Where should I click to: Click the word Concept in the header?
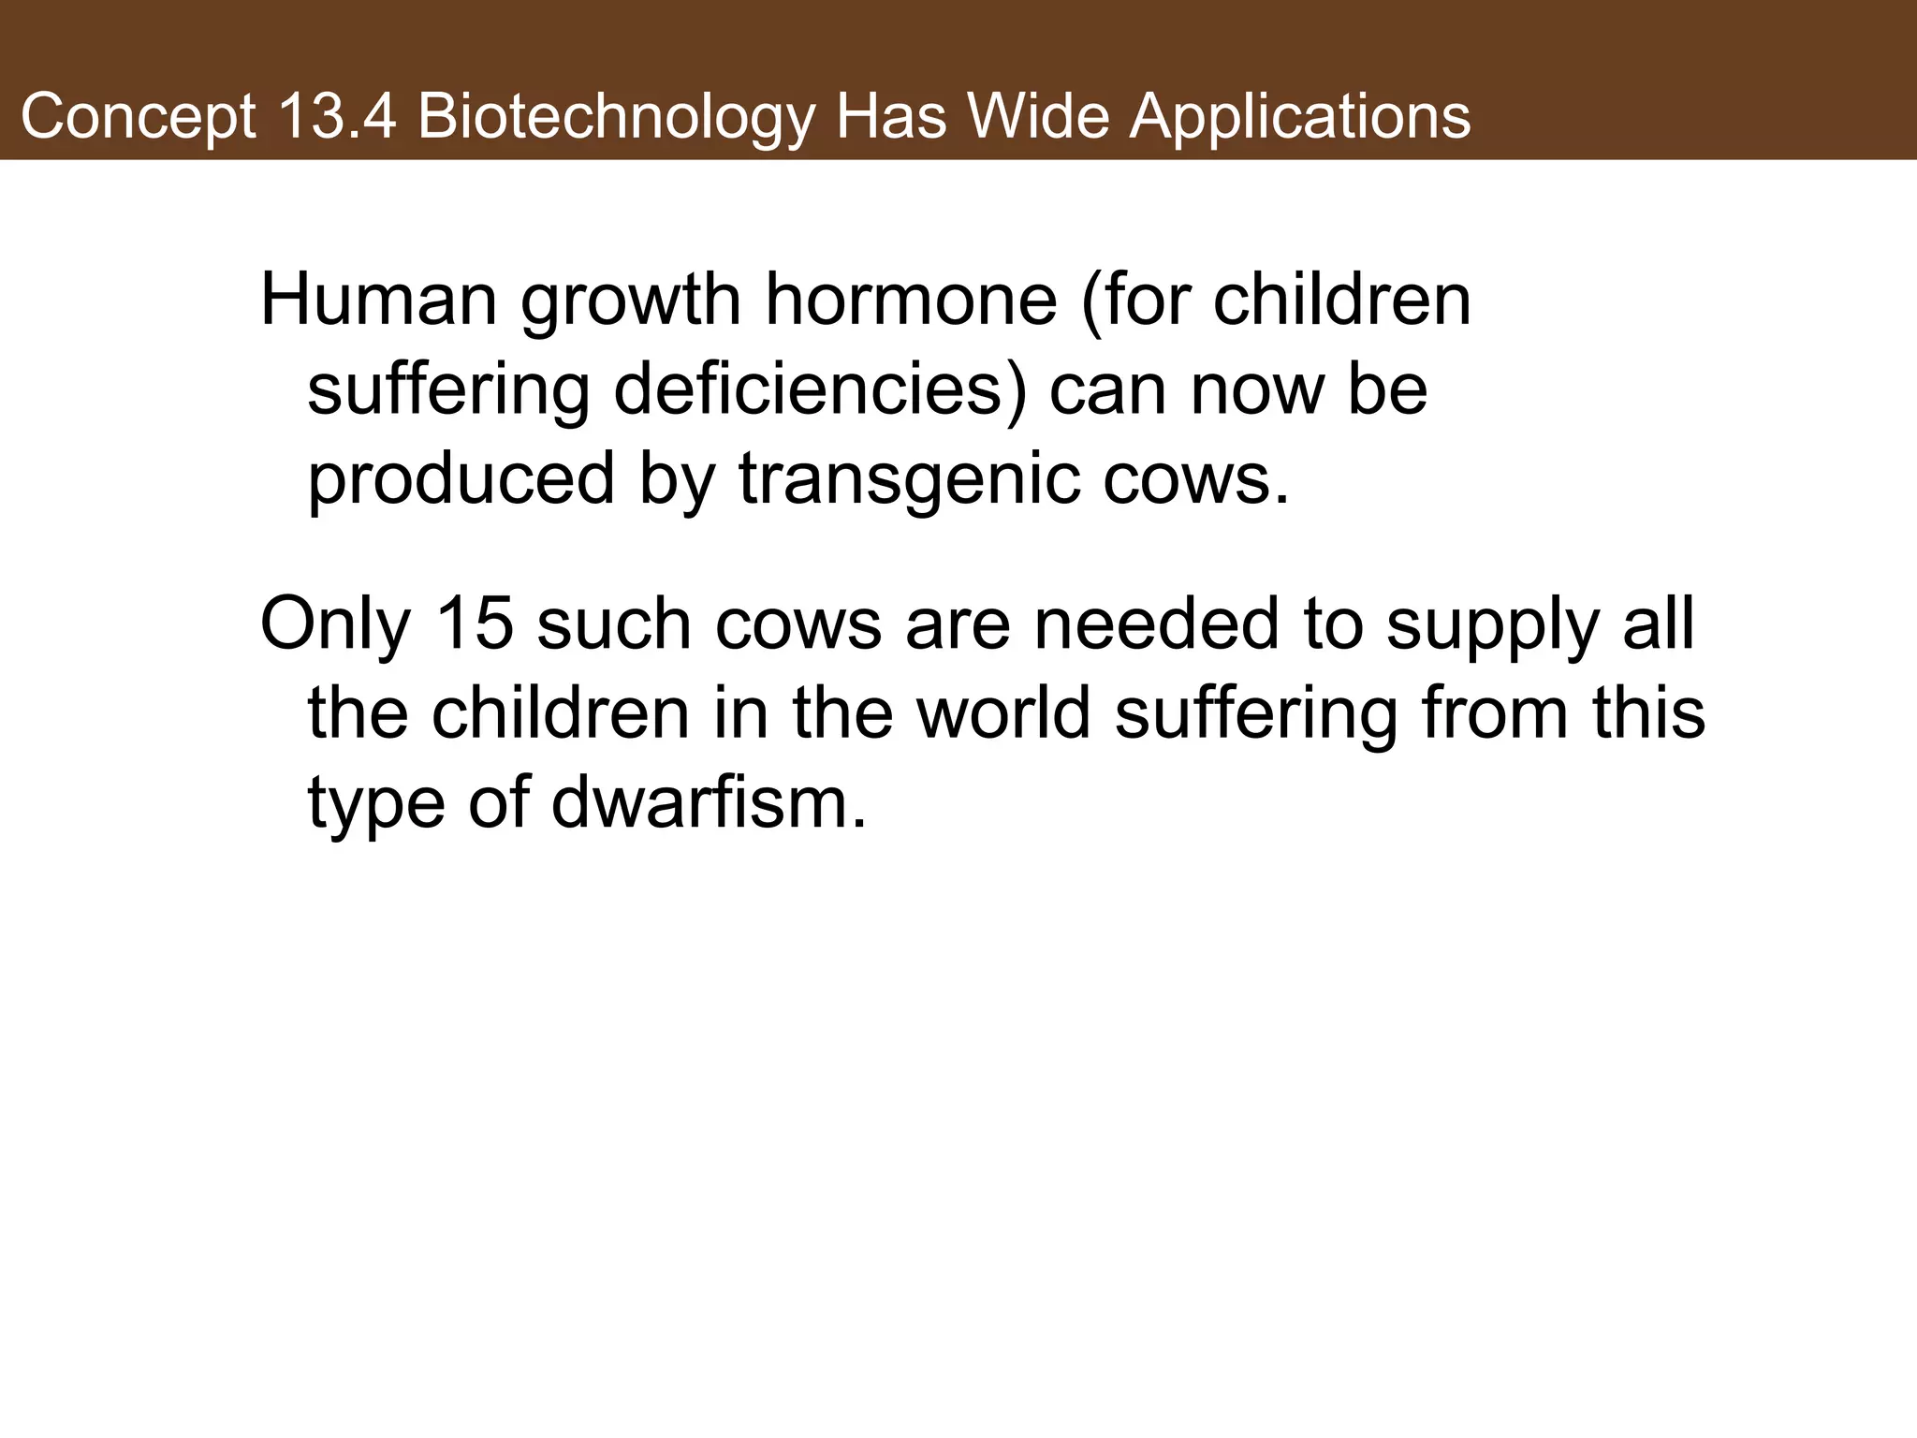138,119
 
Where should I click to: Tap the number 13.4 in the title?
335,117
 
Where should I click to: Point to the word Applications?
1299,119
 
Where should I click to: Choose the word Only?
336,624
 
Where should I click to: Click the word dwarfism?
709,802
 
